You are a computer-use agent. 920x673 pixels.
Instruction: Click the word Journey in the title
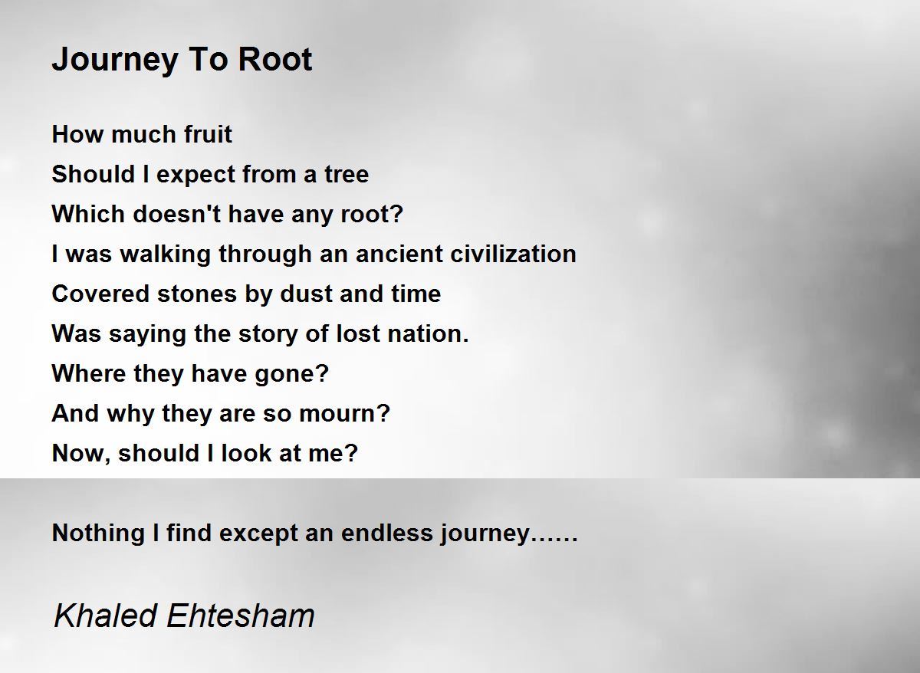tap(115, 61)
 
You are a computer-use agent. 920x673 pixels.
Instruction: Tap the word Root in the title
tap(274, 59)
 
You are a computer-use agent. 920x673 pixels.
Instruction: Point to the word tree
tap(347, 174)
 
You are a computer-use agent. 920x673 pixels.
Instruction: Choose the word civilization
tap(514, 254)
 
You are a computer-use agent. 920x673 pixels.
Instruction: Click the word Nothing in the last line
tap(98, 533)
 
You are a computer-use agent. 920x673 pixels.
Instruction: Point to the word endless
tap(387, 533)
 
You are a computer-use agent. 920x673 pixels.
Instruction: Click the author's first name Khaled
tap(105, 616)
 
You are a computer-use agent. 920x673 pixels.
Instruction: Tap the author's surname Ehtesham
tap(241, 616)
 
